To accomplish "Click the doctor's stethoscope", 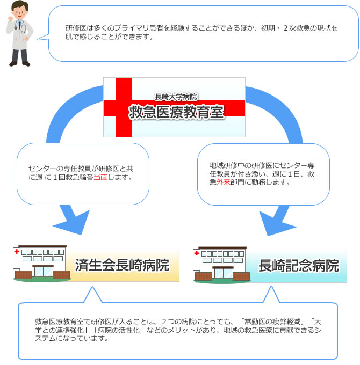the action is (x=20, y=26).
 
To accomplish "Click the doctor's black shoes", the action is (x=19, y=63).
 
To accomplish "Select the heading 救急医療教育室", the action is (x=176, y=112).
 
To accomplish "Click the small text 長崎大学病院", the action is (x=176, y=97).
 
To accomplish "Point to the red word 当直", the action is (x=100, y=177).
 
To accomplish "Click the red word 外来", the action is (x=223, y=182).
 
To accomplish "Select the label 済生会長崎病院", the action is (x=122, y=265).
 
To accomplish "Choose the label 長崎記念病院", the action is (x=299, y=266).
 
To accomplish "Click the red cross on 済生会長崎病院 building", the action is (x=17, y=252).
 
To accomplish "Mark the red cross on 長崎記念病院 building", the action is (x=197, y=253).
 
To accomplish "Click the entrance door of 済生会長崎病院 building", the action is (x=43, y=272).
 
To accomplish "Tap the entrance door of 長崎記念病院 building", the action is (x=223, y=273).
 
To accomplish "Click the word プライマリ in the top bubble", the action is (x=132, y=28).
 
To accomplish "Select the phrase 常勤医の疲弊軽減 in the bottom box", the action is (x=272, y=322).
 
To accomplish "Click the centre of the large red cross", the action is (x=124, y=108).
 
